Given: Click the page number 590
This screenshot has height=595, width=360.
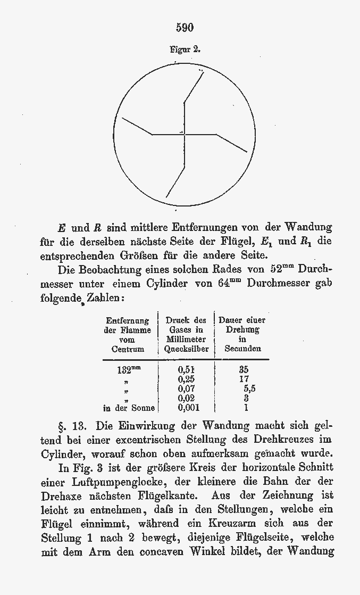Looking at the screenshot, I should (x=185, y=27).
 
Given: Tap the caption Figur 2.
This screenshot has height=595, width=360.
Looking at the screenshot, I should (x=185, y=49).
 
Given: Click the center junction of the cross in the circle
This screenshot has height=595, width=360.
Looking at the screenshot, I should (x=184, y=134).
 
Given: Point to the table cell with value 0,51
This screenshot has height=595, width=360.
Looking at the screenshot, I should (x=186, y=369).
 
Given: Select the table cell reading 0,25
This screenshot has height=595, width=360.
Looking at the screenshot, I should (x=186, y=379).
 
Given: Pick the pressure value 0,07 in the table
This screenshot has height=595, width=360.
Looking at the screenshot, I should (x=186, y=389).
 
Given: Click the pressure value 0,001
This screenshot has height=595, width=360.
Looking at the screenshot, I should (x=186, y=408).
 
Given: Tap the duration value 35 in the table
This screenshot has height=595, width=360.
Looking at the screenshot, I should (x=244, y=369).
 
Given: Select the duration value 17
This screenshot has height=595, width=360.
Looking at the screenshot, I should (x=244, y=379).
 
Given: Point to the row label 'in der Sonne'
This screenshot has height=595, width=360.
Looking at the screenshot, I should (x=129, y=408).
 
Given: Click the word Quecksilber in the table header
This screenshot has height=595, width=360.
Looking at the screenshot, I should (x=186, y=349).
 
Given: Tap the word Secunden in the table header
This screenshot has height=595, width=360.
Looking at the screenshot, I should (x=242, y=349).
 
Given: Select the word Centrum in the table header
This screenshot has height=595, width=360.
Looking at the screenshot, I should (x=128, y=349).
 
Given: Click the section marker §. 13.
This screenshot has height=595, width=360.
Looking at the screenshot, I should (x=71, y=426).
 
